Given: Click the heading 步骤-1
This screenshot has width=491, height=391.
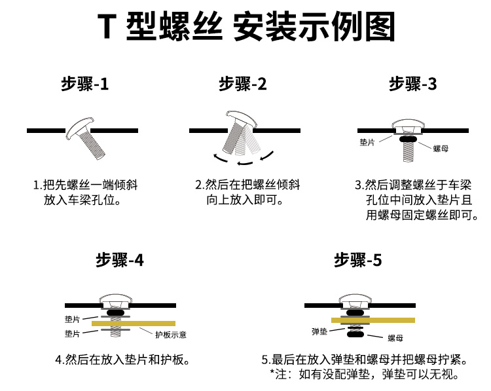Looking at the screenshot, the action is (85, 84).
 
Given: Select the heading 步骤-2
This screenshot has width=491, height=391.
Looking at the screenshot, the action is (243, 84).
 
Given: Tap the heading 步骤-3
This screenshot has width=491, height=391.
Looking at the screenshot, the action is (412, 84).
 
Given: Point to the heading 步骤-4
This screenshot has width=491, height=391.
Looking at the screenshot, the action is (120, 260).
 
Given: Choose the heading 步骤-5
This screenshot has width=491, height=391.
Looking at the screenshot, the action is (358, 260).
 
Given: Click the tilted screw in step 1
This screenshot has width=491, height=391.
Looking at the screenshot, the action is (86, 138).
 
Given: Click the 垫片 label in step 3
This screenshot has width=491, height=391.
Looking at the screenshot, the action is (367, 143).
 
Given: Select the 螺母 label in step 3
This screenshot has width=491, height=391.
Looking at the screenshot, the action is (441, 148).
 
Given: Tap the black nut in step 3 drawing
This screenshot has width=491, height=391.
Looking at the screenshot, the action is (408, 138).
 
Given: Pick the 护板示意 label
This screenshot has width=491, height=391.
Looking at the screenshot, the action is (171, 335).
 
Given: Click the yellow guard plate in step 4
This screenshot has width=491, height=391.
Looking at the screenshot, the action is (134, 324).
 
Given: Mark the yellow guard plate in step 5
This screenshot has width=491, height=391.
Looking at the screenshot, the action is (373, 320).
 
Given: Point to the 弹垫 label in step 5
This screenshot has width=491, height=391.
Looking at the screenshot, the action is (319, 331).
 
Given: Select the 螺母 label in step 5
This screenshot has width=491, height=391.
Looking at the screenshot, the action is (395, 338).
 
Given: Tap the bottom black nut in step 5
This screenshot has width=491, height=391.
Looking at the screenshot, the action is (355, 334).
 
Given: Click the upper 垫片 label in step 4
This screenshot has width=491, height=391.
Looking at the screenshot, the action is (72, 319).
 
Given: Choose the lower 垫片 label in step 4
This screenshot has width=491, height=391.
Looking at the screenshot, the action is (72, 333).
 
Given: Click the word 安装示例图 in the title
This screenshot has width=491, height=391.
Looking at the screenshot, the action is (314, 26).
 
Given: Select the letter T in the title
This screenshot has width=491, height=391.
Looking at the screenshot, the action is (107, 26).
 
